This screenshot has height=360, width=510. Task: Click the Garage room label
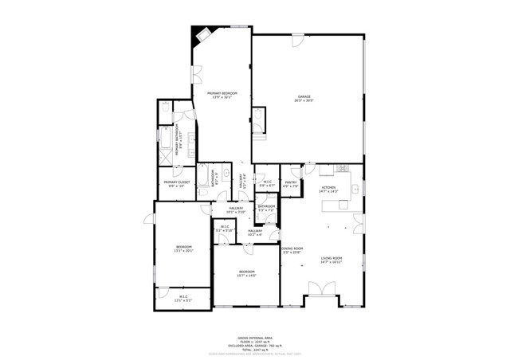(304, 98)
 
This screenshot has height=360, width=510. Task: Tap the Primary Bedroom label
(223, 95)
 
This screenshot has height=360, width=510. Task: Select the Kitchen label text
(328, 189)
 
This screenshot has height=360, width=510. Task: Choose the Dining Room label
(292, 250)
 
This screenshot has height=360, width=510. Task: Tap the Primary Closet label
(176, 184)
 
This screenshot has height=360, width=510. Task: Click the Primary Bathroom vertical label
(183, 142)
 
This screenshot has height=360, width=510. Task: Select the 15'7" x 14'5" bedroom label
(247, 273)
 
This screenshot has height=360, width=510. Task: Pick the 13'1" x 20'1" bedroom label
(184, 248)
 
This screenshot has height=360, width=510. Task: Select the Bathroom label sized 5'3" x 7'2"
(266, 209)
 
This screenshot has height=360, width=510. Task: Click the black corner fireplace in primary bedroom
(199, 36)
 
